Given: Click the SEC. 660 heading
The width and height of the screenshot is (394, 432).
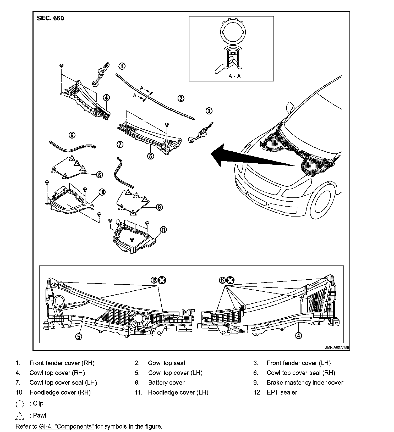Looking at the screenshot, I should [x=50, y=18].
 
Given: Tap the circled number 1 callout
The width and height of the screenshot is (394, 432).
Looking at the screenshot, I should [x=122, y=66].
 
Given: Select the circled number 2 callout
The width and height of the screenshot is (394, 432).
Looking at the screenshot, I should [x=181, y=98].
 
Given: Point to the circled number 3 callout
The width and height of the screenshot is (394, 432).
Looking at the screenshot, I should [x=209, y=111].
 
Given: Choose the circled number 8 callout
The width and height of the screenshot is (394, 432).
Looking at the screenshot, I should [x=100, y=175].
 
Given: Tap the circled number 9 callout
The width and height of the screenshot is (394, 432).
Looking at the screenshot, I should [x=159, y=207].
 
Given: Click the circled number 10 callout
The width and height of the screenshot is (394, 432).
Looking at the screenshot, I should [x=102, y=192].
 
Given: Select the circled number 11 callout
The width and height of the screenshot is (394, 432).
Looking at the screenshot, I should [x=163, y=230].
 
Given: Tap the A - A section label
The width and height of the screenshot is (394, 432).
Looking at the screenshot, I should [x=234, y=76].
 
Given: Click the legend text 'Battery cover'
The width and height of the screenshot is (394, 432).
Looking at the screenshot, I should [x=166, y=383].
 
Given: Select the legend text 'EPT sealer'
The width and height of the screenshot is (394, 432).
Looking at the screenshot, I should [x=282, y=392].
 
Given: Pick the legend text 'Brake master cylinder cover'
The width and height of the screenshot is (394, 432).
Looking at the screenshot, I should [x=305, y=383].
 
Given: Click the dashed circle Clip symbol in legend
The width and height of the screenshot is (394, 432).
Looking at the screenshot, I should [x=20, y=404].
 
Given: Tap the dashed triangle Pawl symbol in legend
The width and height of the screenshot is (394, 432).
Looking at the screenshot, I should [x=20, y=416].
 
